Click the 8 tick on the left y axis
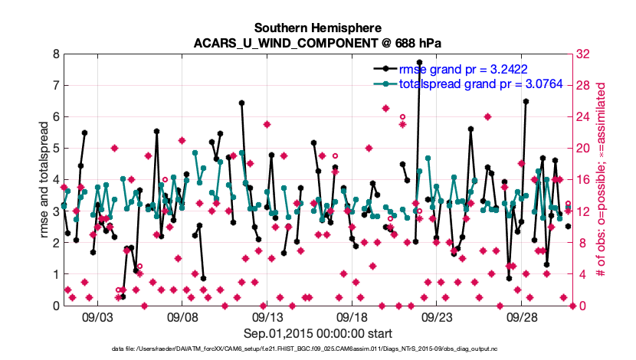pyautogui.click(x=55, y=54)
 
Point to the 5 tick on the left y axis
pyautogui.click(x=55, y=149)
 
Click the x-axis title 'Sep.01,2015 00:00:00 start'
pyautogui.click(x=318, y=333)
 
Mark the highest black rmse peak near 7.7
pyautogui.click(x=419, y=62)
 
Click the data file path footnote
pyautogui.click(x=317, y=349)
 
